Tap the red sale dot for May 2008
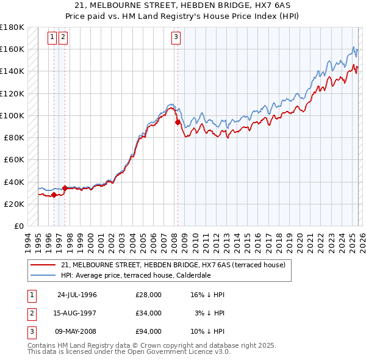pyautogui.click(x=178, y=122)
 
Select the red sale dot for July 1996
pyautogui.click(x=54, y=195)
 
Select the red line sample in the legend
pyautogui.click(x=43, y=265)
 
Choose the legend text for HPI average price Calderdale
pyautogui.click(x=136, y=275)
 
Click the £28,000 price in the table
pyautogui.click(x=148, y=295)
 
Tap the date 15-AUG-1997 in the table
pyautogui.click(x=77, y=313)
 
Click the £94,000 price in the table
pyautogui.click(x=148, y=331)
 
